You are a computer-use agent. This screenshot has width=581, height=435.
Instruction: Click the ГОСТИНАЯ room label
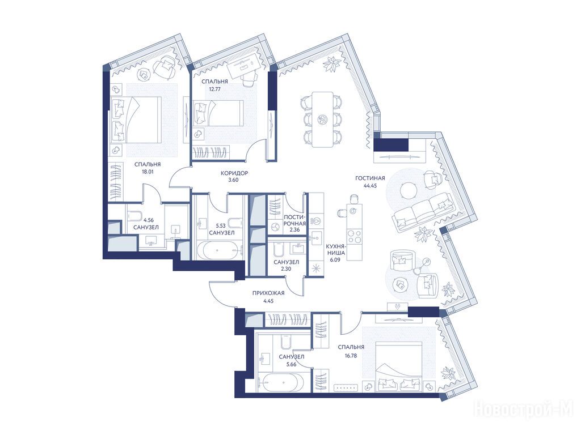point(370,178)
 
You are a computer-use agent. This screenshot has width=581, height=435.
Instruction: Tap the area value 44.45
point(370,186)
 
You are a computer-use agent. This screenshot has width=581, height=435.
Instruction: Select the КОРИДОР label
point(234,173)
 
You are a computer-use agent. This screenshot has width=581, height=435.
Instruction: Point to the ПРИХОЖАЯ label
point(268,293)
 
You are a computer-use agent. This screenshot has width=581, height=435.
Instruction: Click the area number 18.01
point(148,172)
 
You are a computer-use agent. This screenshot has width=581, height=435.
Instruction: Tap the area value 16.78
point(351,356)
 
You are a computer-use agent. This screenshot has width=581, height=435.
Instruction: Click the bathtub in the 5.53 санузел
point(218,250)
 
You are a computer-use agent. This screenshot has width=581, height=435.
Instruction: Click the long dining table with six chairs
point(322,119)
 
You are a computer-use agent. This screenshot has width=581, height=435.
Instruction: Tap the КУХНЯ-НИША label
point(336,250)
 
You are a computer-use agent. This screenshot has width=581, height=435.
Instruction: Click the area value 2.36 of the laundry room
point(294,229)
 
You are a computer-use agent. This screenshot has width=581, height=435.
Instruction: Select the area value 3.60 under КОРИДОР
point(234,181)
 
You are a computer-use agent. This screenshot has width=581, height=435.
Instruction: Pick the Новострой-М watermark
point(527,410)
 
